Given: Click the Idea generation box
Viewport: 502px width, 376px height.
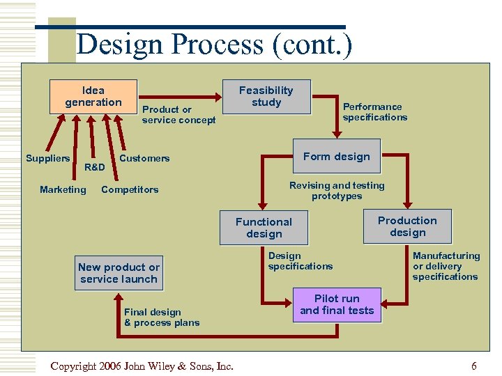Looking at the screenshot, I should (x=93, y=96).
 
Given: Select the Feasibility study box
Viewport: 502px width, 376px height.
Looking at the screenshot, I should (x=266, y=96).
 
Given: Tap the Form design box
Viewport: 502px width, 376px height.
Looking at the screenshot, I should (x=336, y=157).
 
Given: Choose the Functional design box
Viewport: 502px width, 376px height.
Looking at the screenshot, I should (x=264, y=228).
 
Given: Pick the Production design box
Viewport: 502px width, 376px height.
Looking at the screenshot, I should (x=407, y=226).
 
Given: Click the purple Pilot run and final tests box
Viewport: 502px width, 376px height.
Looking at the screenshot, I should (x=337, y=304).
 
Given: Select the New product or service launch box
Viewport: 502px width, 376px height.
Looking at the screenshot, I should (x=119, y=273).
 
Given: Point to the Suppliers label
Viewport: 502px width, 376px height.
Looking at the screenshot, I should (x=48, y=158).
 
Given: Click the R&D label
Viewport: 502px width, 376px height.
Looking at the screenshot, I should (x=94, y=167).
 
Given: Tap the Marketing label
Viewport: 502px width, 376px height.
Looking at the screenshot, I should (x=63, y=189).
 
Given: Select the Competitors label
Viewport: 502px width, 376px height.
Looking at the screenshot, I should (x=130, y=189).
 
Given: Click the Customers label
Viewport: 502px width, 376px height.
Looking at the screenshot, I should (x=144, y=158).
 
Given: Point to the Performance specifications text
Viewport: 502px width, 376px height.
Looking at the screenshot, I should (x=374, y=112).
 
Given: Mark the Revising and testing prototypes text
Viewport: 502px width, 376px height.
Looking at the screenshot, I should (x=337, y=191).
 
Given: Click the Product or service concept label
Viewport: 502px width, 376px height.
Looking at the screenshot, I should (x=178, y=115).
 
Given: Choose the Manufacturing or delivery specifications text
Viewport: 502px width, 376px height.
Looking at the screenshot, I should (x=446, y=266).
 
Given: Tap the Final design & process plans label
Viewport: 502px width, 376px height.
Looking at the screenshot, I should (x=162, y=318).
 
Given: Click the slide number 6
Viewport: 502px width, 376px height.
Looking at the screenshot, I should (x=474, y=366).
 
